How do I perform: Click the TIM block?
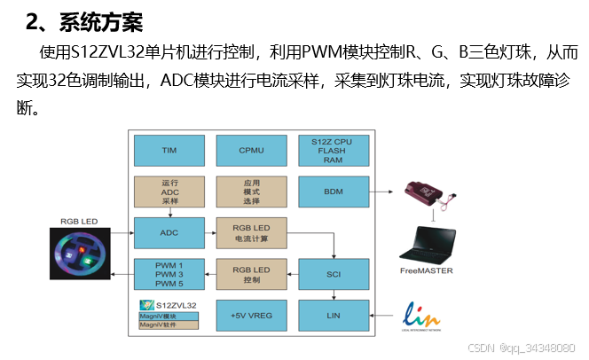point(169,151)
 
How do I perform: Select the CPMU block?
point(251,151)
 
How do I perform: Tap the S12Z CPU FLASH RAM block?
point(334,151)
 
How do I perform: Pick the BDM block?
point(334,191)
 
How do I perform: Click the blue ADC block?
point(169,232)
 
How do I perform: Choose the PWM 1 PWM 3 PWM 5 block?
point(169,274)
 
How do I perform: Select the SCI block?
point(334,274)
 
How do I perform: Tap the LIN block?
point(334,315)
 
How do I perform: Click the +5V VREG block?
point(251,316)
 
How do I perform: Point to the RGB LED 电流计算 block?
point(251,232)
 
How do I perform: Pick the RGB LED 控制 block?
point(251,274)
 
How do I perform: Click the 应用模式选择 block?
point(251,191)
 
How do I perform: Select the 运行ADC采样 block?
point(169,191)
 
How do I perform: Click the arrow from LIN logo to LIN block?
point(385,315)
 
